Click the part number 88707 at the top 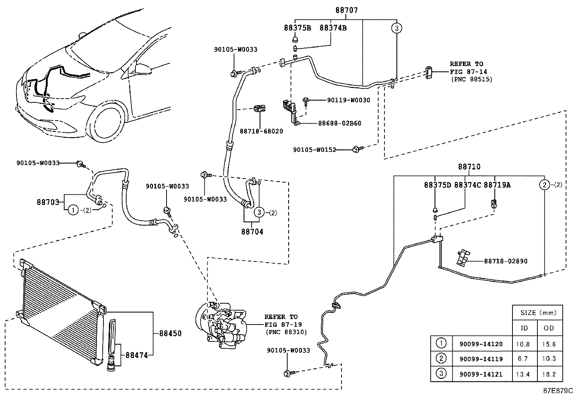[x=346, y=11]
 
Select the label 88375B [x=297, y=28]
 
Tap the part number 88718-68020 [x=262, y=131]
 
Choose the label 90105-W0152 [x=314, y=150]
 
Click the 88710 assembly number [x=469, y=167]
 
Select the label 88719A [x=497, y=185]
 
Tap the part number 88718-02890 [x=505, y=261]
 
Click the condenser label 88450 [x=170, y=333]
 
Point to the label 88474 [x=136, y=355]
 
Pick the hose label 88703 [x=48, y=202]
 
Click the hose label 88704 [x=252, y=232]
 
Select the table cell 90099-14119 [x=481, y=359]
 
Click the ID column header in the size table [x=524, y=328]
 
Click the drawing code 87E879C [x=558, y=391]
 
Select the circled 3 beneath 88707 [x=397, y=28]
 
